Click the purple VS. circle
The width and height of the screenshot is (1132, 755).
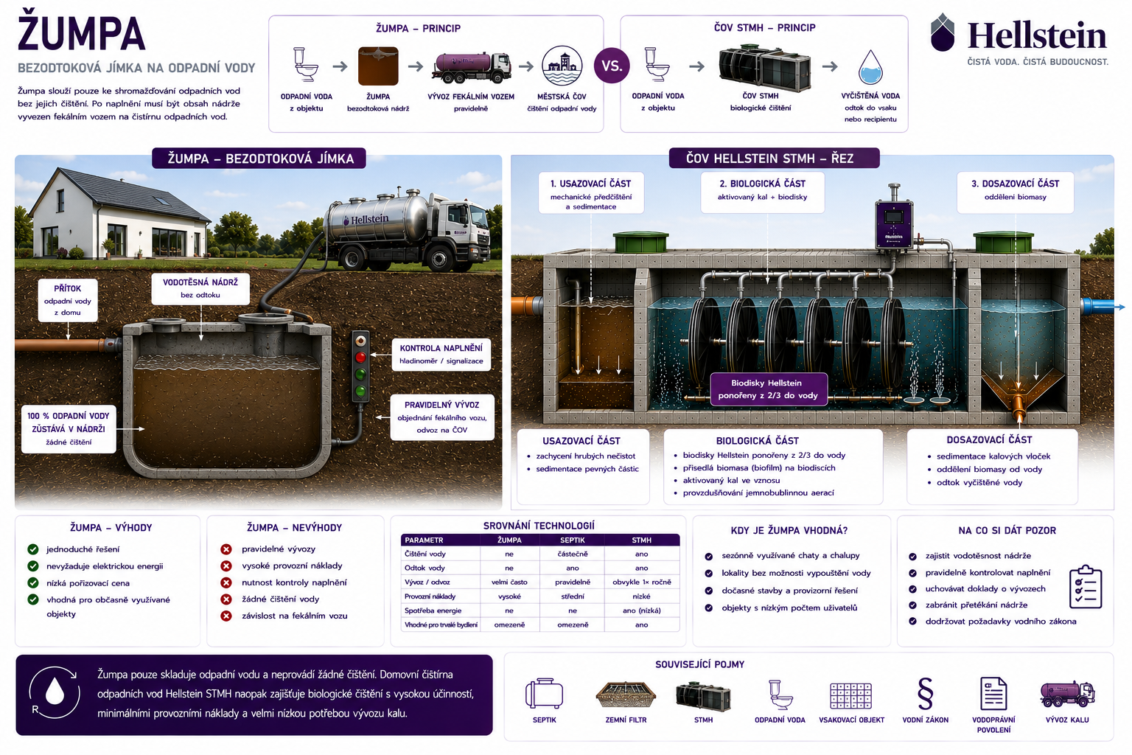click(x=612, y=66)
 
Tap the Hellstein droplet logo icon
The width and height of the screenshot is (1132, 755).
click(x=943, y=32)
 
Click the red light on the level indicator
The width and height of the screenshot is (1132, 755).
click(x=360, y=358)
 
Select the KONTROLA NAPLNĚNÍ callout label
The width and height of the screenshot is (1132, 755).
click(x=441, y=355)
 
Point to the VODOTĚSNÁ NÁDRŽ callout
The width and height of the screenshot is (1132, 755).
click(x=200, y=288)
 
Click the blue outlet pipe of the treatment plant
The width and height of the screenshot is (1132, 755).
click(x=1102, y=307)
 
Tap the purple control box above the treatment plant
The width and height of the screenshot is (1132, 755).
click(x=894, y=225)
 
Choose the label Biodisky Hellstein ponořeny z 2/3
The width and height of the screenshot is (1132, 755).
click(x=768, y=389)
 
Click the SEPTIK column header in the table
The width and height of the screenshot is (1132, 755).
click(x=573, y=540)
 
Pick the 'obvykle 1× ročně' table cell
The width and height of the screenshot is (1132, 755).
click(x=642, y=582)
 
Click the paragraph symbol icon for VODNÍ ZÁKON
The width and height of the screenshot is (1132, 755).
click(x=926, y=694)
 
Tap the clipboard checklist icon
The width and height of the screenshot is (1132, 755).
click(x=1086, y=587)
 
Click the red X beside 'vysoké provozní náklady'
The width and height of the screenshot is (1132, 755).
click(x=226, y=566)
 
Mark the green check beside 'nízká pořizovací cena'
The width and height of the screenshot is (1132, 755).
click(x=33, y=583)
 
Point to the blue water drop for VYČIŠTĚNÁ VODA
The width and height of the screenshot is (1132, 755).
click(x=870, y=67)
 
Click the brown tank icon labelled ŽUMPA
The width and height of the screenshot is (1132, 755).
click(x=378, y=66)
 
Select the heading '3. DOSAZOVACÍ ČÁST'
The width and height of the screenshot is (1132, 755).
click(x=1016, y=184)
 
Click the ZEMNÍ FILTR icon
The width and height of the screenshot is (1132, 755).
click(x=626, y=695)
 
